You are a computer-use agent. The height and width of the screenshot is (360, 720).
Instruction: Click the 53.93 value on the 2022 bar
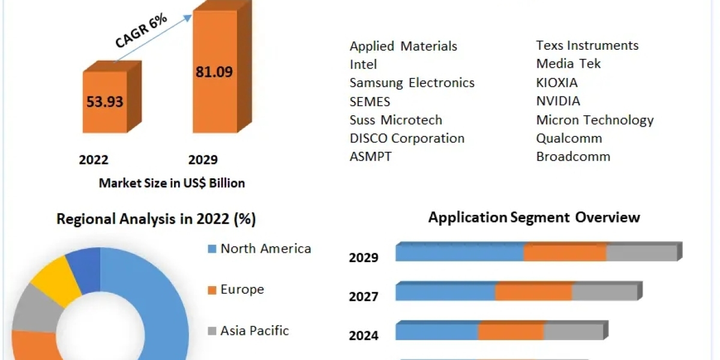[104, 101]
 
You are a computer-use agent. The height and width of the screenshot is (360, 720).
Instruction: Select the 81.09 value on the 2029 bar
[214, 72]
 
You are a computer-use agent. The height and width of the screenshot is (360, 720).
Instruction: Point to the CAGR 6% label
[142, 31]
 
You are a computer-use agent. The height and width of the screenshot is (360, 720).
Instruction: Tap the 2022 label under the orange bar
[94, 160]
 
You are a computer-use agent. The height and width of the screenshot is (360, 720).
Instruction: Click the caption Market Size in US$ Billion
[172, 183]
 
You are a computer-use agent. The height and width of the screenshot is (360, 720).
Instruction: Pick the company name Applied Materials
[403, 46]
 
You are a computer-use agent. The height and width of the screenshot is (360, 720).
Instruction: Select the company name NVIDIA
[558, 101]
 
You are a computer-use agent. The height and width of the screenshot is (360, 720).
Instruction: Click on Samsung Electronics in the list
[412, 83]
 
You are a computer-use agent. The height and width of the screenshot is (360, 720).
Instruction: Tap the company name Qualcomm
[569, 138]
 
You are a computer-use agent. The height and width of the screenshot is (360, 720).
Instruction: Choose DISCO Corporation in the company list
[407, 138]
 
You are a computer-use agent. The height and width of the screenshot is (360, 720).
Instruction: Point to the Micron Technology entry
[595, 120]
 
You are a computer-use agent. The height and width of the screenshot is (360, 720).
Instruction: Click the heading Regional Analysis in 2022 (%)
[156, 219]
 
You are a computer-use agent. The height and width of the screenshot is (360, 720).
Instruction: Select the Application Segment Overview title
[534, 217]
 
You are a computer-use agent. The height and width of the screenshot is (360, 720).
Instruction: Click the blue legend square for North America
[211, 249]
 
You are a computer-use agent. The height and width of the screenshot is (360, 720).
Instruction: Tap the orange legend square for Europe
[211, 290]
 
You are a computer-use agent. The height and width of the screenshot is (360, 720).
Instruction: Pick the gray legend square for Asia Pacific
[211, 331]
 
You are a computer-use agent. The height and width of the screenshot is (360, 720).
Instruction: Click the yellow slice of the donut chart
[55, 277]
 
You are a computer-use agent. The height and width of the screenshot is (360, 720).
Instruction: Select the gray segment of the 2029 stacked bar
[641, 253]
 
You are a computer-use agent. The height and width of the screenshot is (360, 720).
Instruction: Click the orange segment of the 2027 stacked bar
[533, 292]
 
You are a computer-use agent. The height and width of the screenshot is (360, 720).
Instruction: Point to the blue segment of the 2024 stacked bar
[437, 331]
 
